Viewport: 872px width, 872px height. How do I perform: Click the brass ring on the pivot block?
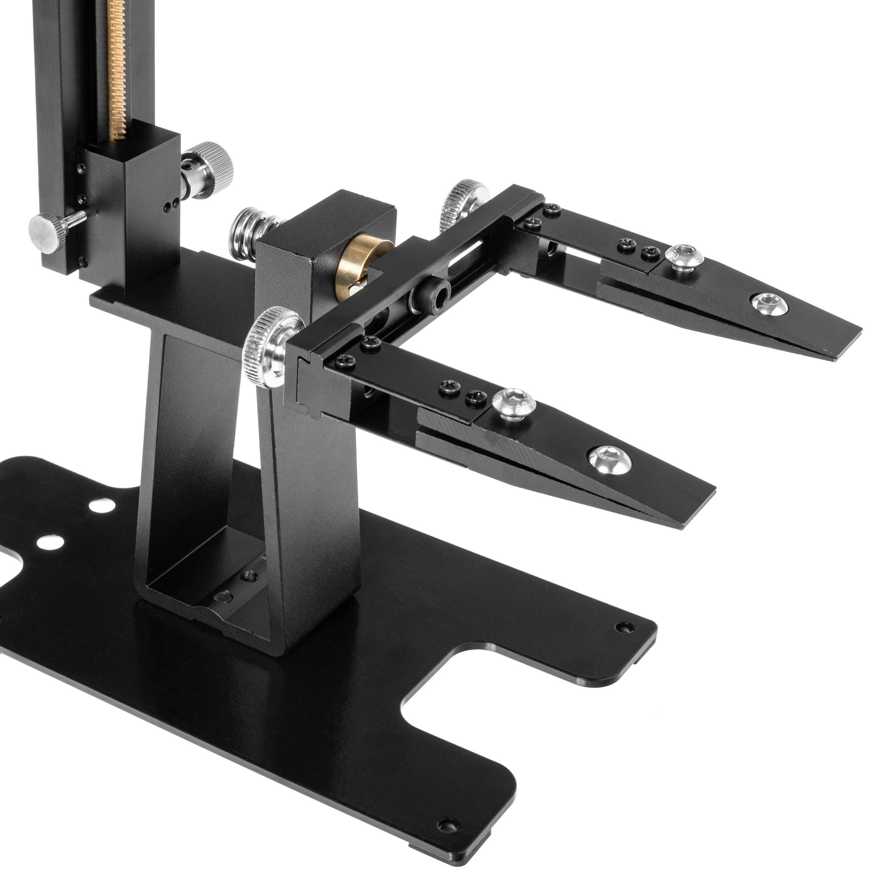click(356, 264)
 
